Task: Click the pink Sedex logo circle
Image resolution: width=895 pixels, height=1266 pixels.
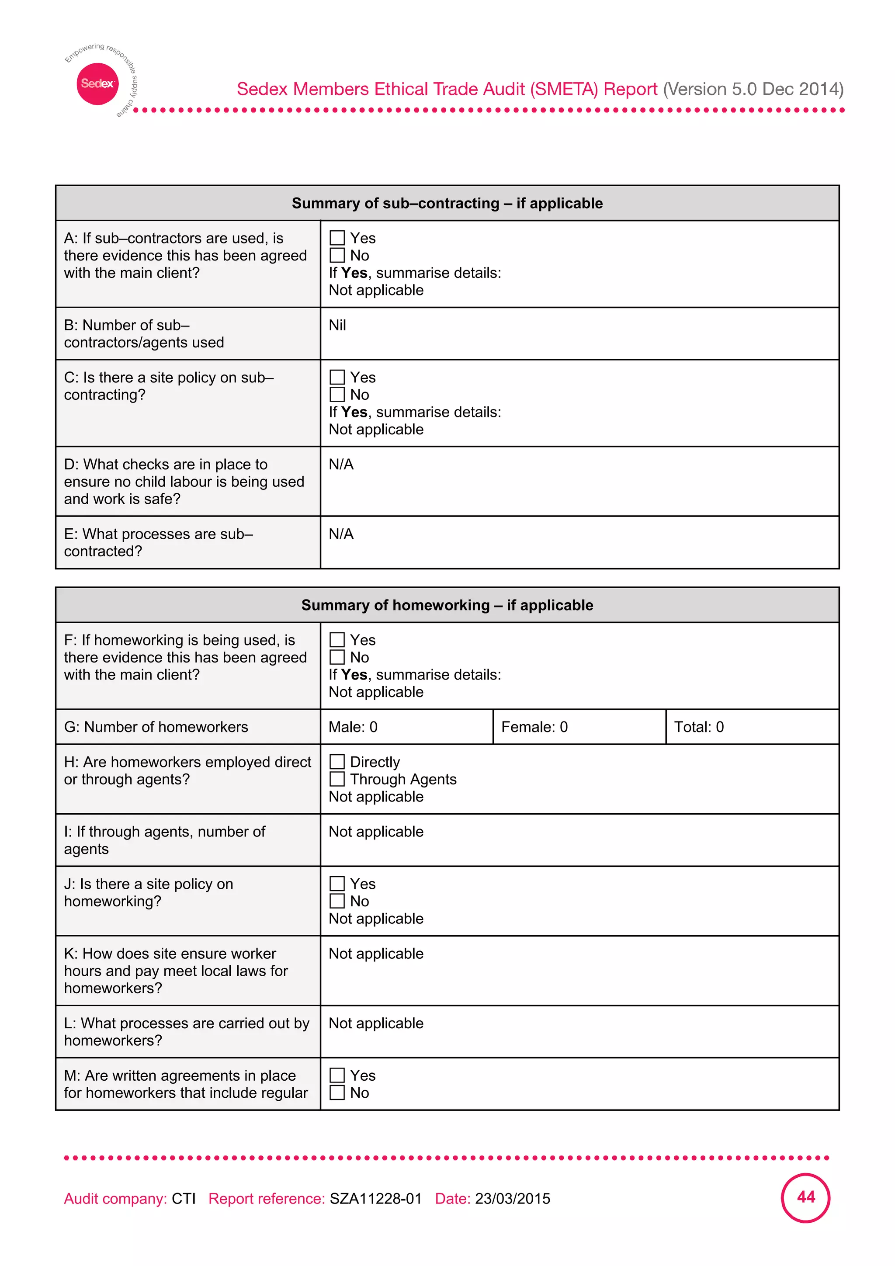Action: tap(97, 84)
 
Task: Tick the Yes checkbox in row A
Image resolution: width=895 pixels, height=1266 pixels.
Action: tap(337, 238)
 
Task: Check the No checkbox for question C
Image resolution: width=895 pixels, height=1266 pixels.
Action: tap(337, 395)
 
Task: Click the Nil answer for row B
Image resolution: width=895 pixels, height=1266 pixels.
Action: tap(337, 325)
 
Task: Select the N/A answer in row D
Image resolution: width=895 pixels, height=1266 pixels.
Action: tap(341, 465)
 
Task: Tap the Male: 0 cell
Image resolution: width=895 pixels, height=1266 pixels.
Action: tap(353, 727)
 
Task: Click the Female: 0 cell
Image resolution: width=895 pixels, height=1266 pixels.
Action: tap(534, 727)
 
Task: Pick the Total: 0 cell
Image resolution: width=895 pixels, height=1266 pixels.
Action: tap(699, 727)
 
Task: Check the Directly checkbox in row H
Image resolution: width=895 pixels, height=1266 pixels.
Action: tap(337, 762)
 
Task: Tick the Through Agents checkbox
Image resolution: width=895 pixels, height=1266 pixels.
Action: tap(337, 779)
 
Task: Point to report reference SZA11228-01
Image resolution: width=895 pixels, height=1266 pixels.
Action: tap(375, 1199)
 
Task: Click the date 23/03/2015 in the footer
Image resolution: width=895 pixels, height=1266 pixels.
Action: tap(512, 1199)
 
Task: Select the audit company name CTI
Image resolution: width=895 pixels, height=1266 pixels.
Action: tap(184, 1199)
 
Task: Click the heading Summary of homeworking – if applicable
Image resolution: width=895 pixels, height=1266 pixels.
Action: tap(447, 605)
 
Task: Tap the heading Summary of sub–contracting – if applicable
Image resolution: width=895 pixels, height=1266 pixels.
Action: tap(447, 204)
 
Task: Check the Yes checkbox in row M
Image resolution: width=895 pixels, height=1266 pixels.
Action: tap(337, 1076)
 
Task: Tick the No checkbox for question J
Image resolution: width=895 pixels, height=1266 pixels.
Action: tap(337, 902)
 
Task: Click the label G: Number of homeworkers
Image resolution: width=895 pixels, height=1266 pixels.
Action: tap(156, 727)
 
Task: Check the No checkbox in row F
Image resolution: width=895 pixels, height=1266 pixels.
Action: tap(337, 657)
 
